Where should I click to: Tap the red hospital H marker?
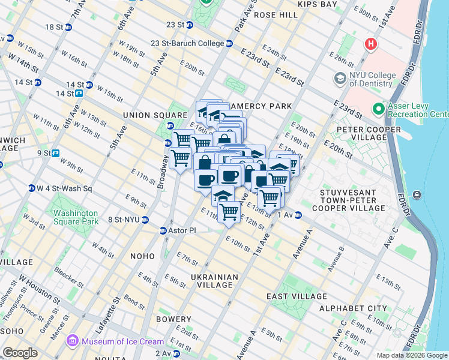(372, 44)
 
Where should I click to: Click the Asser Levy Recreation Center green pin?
(378, 109)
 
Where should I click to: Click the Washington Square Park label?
(75, 217)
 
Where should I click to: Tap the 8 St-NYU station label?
(123, 220)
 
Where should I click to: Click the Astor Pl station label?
(181, 230)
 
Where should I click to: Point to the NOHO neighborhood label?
(142, 256)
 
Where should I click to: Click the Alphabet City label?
(353, 308)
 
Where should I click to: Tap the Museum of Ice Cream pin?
(73, 341)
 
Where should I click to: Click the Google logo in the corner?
(20, 353)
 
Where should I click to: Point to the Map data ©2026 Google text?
(412, 355)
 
